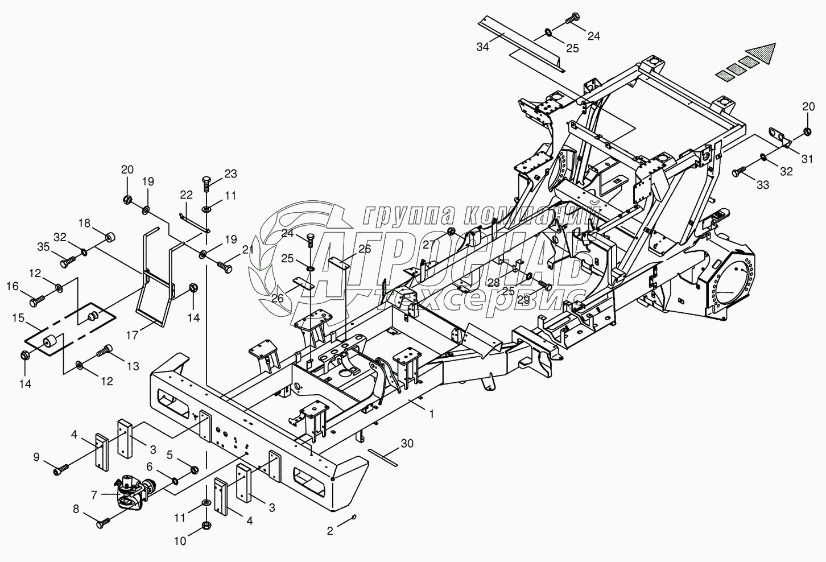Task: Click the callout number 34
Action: point(482,47)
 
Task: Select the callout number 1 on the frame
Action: point(432,415)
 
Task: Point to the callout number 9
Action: point(37,456)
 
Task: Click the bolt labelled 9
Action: point(61,469)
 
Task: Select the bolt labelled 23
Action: point(206,184)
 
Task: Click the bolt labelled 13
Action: point(105,352)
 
